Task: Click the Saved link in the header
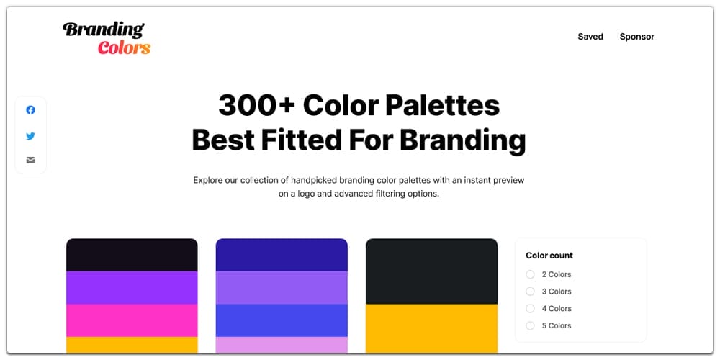click(x=590, y=37)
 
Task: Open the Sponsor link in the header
click(x=636, y=37)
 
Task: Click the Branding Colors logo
click(x=107, y=39)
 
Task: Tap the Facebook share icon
click(x=30, y=110)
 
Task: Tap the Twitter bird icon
click(x=30, y=135)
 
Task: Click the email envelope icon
click(x=30, y=160)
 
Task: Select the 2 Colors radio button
click(x=530, y=274)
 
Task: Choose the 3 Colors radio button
click(x=530, y=292)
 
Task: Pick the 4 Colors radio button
click(x=530, y=309)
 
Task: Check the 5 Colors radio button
click(x=530, y=325)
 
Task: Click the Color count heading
click(x=549, y=256)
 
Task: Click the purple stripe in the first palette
click(x=132, y=287)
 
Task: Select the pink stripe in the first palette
click(x=132, y=320)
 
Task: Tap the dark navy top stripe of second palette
click(x=282, y=255)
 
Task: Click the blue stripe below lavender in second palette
click(x=282, y=320)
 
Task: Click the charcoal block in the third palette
click(x=431, y=271)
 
